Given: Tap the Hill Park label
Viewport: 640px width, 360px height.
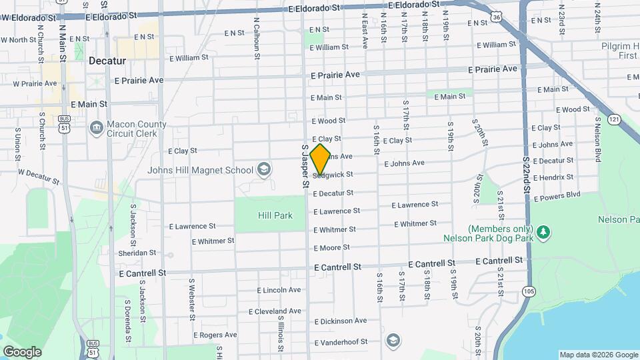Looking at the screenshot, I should [x=275, y=215].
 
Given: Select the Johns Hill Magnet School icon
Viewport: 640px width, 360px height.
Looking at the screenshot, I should [x=264, y=169].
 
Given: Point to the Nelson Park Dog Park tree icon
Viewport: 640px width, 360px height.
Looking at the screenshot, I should [x=545, y=231].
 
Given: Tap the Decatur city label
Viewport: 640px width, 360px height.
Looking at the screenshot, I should [x=107, y=61].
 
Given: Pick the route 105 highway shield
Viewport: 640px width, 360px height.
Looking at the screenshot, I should [x=529, y=291].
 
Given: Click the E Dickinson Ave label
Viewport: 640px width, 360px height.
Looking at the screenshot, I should [x=340, y=321].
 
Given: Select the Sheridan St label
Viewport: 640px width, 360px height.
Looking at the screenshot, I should [x=137, y=253].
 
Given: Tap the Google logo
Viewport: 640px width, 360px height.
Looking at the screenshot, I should [x=22, y=351].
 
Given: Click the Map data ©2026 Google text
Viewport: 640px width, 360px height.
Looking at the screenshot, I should [x=598, y=355].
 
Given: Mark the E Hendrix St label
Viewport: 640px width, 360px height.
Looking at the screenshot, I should [x=553, y=177].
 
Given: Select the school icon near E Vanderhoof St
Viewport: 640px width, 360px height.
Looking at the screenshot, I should [x=393, y=340].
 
